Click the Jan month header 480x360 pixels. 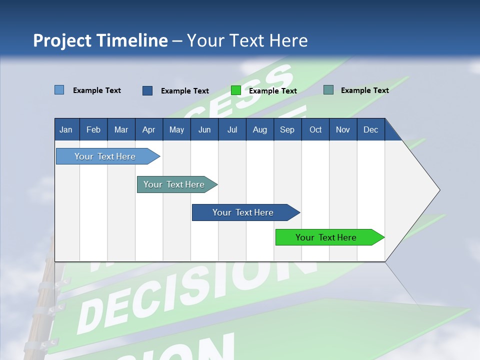(66, 129)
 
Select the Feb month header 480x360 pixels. (93, 129)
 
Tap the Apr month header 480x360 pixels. (148, 129)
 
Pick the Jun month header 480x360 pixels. (204, 129)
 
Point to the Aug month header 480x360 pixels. (259, 129)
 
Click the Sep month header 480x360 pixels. (287, 129)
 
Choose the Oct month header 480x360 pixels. (315, 129)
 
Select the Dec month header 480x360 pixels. (370, 129)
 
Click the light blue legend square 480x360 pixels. (59, 90)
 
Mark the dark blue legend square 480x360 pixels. (147, 90)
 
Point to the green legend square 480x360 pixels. (236, 90)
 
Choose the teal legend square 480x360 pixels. (328, 90)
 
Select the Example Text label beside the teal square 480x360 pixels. (364, 90)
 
